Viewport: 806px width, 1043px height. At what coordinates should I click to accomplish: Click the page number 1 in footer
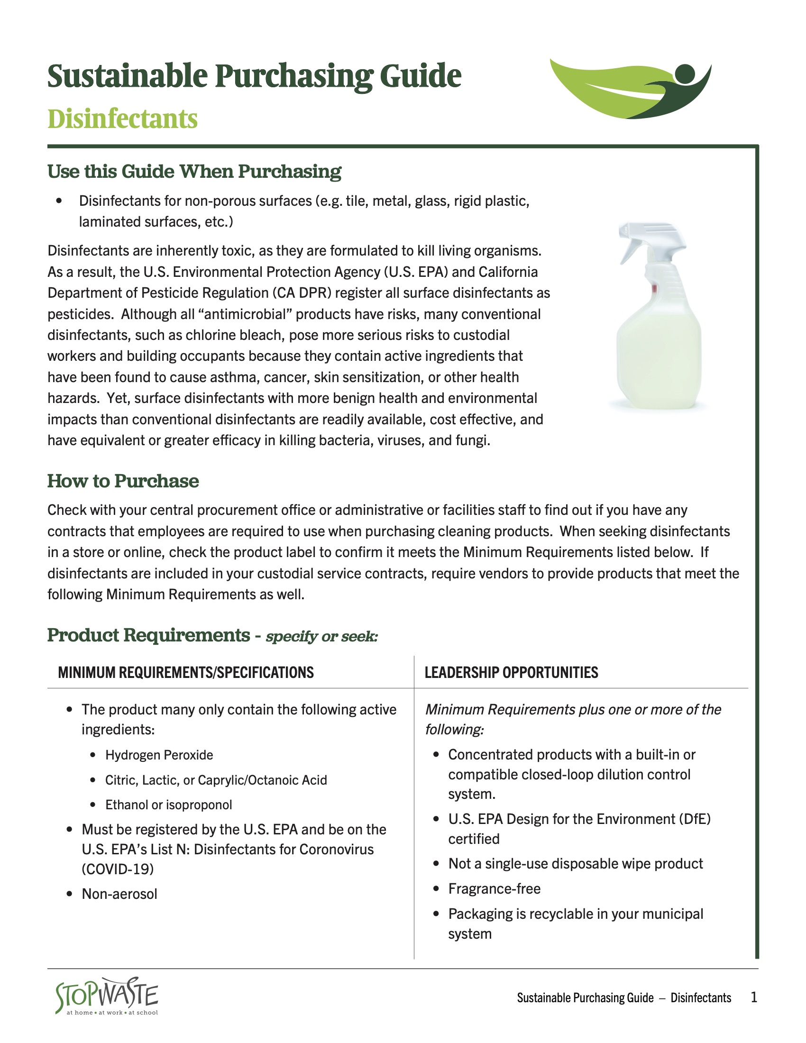(x=753, y=997)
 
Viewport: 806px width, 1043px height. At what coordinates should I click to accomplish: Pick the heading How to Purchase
(x=123, y=481)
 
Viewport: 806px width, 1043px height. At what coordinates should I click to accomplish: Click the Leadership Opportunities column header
(x=511, y=672)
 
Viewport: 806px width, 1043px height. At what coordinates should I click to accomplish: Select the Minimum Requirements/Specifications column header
(x=186, y=672)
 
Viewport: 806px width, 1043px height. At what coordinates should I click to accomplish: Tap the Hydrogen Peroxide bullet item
(x=159, y=755)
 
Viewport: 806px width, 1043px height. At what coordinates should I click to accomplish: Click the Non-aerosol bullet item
(x=119, y=894)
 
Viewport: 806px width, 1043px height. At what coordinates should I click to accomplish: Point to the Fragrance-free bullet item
(x=494, y=888)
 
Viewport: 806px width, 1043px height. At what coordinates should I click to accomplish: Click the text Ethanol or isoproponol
(x=169, y=805)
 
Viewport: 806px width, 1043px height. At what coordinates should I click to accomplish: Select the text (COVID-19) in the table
(x=118, y=869)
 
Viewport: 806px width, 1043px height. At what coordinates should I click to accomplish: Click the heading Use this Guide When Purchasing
(x=194, y=171)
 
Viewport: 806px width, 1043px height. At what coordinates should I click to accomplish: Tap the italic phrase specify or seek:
(x=322, y=636)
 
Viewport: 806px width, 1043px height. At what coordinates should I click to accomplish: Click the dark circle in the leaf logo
(x=685, y=73)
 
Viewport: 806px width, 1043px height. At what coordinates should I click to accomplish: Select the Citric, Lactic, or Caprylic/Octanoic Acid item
(x=216, y=780)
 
